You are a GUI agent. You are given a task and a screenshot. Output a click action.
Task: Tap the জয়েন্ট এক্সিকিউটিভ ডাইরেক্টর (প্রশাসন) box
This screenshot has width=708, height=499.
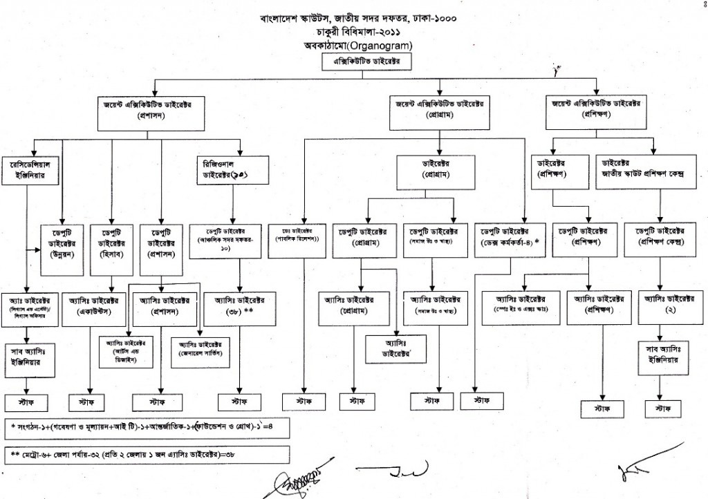click(x=149, y=111)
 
